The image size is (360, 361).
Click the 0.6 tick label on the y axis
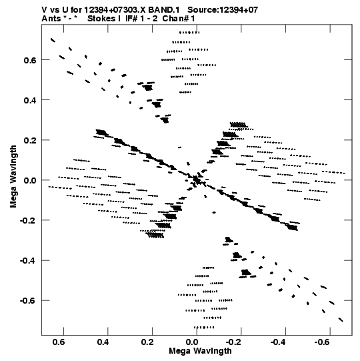30,60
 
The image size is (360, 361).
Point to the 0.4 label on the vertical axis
30,100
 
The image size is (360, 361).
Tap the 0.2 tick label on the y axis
30,140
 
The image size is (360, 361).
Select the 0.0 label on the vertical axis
30,180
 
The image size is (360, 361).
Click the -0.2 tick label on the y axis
28,221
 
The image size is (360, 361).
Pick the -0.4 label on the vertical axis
28,261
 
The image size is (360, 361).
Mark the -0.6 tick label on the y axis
28,301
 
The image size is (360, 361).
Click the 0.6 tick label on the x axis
59,342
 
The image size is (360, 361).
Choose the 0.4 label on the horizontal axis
103,342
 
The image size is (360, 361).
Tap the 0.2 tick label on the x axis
148,342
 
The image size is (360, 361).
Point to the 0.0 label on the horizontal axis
192,342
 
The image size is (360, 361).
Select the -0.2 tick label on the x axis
235,342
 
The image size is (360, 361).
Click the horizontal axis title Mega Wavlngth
200,351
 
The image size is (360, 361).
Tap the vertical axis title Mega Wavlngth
13,177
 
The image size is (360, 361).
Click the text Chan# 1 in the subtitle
179,19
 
